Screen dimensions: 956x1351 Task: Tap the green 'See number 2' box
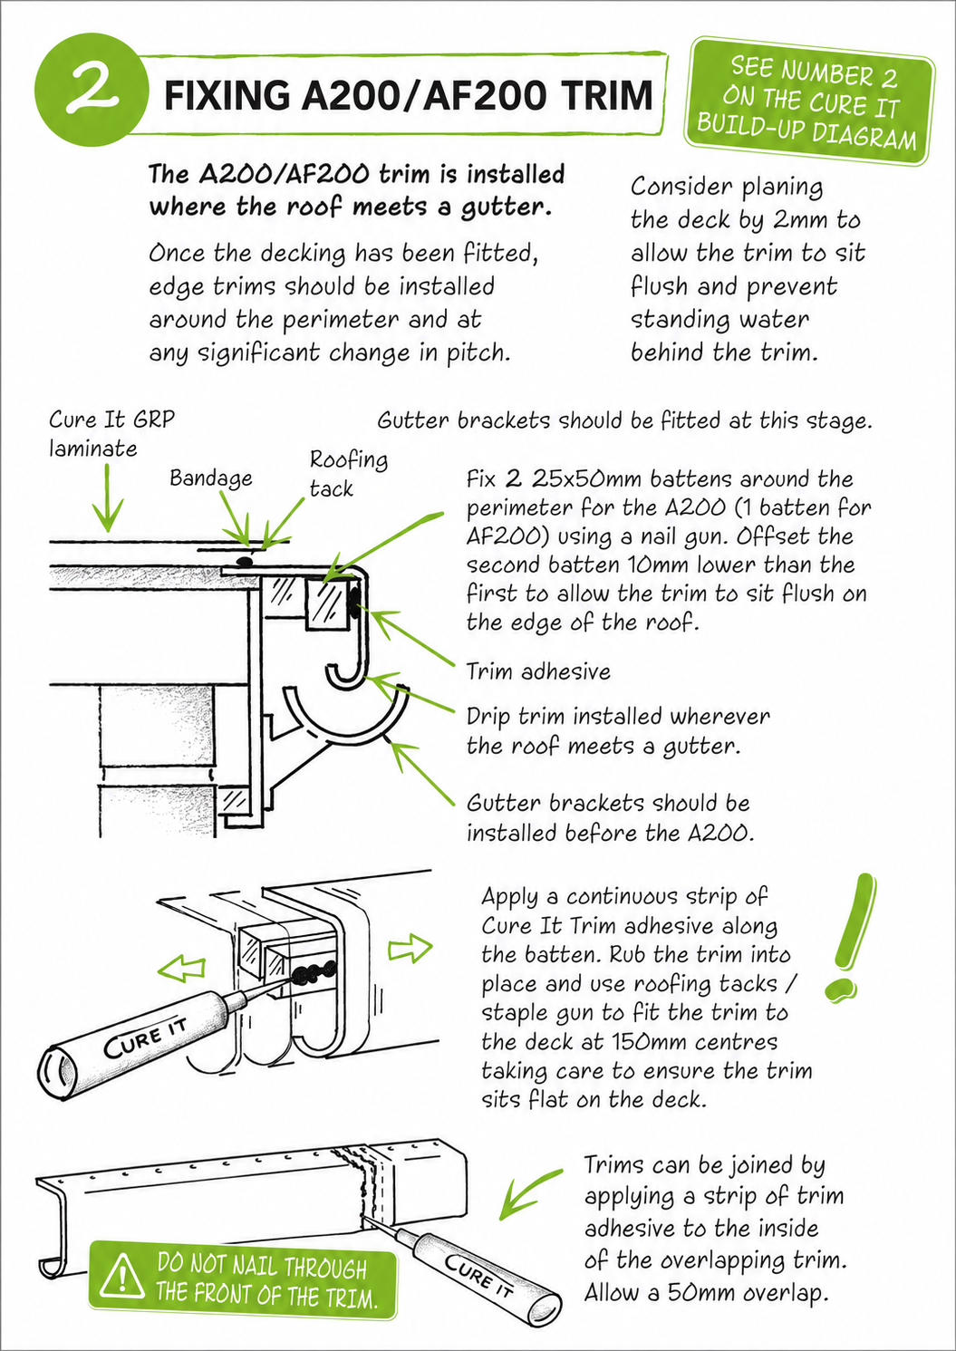click(809, 101)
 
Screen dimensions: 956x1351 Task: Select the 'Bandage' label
click(211, 478)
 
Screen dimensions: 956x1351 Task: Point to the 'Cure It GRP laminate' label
click(111, 434)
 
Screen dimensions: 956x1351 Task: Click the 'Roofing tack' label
click(349, 474)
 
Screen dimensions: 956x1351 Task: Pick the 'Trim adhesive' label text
click(538, 671)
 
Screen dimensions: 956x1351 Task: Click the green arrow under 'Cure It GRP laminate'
click(108, 498)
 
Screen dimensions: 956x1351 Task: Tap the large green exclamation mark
click(851, 939)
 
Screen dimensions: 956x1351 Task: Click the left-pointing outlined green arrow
click(181, 968)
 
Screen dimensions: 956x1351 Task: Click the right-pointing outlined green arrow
click(410, 948)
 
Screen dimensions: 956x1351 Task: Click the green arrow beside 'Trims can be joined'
click(529, 1195)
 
